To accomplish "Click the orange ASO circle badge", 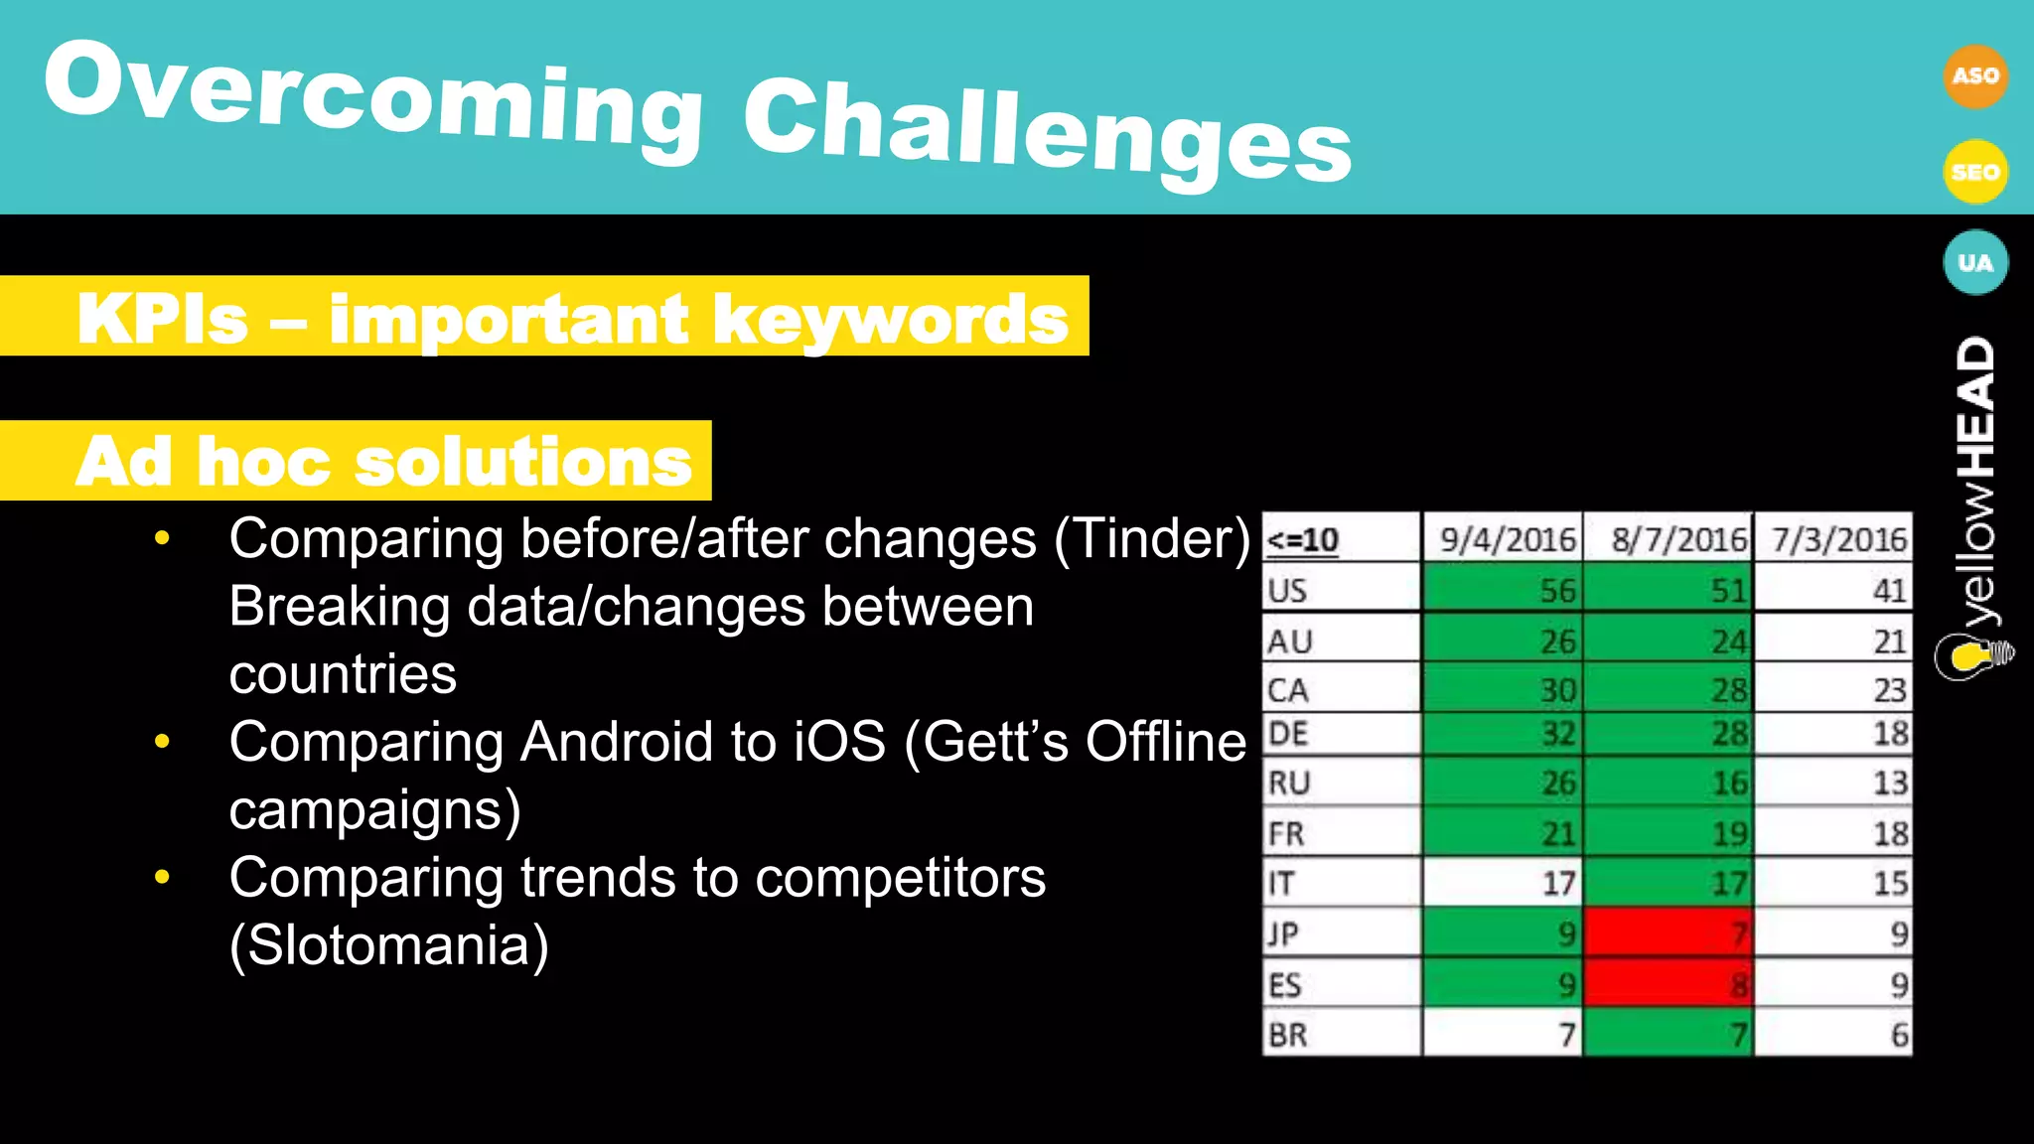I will tap(1974, 76).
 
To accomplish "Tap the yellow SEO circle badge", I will tap(1974, 172).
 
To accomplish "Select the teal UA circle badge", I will tap(1974, 263).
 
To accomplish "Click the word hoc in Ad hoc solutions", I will tap(262, 462).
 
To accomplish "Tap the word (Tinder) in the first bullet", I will tap(1152, 539).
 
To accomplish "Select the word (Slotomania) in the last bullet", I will tap(388, 945).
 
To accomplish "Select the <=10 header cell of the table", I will tap(1303, 540).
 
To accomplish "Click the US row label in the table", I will tap(1288, 591).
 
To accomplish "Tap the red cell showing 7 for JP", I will tap(1669, 933).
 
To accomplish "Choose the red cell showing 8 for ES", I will tap(1669, 985).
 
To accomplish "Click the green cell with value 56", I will tap(1502, 591).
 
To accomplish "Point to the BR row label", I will tap(1288, 1035).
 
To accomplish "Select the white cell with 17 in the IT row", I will tap(1502, 883).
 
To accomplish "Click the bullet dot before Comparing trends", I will tap(163, 878).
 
